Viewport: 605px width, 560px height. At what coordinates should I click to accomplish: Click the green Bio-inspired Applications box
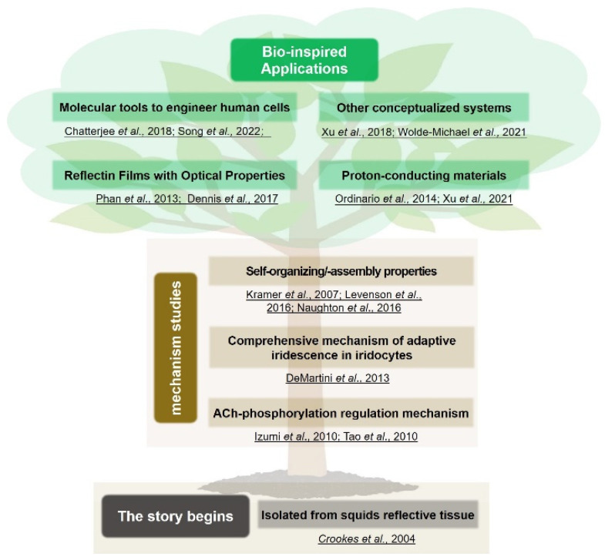pos(304,60)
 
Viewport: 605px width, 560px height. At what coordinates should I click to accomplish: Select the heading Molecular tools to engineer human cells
pos(174,107)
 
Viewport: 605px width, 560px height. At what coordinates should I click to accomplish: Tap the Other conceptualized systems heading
pos(424,108)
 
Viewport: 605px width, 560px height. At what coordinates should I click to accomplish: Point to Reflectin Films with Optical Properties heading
pos(174,176)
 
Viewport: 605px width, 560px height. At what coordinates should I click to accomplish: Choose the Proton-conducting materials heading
pos(424,176)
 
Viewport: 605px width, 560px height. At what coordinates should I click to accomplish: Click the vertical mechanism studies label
pos(176,348)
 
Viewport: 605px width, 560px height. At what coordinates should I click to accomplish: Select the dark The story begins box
pos(176,516)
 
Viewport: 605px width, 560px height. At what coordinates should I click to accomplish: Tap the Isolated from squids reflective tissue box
pos(368,515)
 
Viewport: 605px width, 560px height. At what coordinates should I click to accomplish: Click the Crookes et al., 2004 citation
pos(367,538)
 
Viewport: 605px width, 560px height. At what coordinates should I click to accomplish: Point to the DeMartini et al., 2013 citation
pos(338,378)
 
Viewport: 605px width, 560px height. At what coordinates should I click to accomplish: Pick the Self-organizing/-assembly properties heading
pos(341,271)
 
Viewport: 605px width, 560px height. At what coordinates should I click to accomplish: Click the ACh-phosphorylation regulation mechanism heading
pos(341,414)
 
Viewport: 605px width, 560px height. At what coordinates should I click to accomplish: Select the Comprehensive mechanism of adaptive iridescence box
pos(341,347)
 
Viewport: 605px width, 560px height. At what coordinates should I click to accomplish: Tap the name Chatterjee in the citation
pos(89,132)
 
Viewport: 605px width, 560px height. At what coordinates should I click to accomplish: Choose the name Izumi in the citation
pos(267,437)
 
